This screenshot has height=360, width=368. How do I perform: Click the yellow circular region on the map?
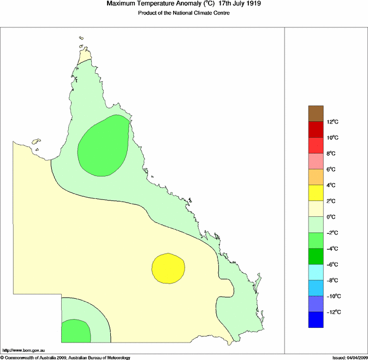168,267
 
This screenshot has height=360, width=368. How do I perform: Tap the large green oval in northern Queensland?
103,146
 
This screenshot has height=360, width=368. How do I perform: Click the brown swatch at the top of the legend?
316,113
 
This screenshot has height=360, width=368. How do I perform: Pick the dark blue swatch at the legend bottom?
316,320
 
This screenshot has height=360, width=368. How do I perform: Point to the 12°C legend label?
334,122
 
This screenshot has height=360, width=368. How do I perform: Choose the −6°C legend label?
334,264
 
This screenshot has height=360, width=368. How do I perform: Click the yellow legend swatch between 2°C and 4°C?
316,193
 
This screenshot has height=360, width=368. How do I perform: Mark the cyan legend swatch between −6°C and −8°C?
316,272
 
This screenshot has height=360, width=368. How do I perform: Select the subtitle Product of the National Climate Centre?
183,13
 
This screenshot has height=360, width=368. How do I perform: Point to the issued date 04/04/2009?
355,357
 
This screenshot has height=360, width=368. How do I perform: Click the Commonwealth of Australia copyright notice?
66,357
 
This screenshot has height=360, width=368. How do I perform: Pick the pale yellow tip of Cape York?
84,56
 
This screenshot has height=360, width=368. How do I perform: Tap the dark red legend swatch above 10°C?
316,129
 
